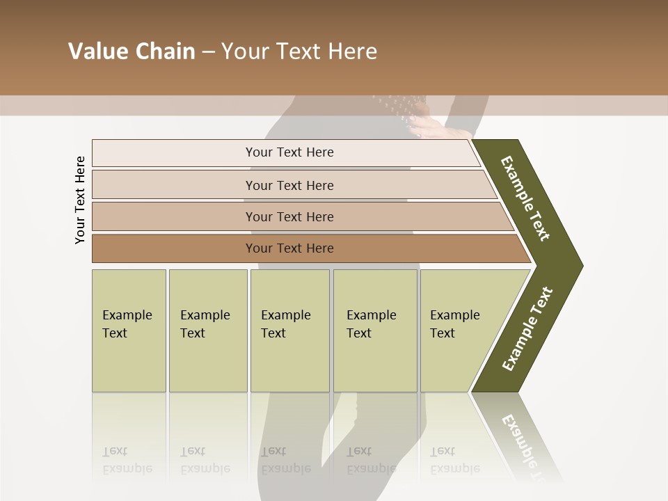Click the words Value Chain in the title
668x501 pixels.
132,51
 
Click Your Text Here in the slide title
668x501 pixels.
299,51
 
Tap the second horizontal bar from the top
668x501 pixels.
289,185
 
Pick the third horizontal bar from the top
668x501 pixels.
289,216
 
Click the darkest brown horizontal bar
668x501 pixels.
289,248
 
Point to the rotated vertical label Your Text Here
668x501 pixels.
80,200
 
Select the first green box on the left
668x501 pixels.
129,331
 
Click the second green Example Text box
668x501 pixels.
207,331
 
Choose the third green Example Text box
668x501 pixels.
289,331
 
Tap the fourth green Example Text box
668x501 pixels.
374,331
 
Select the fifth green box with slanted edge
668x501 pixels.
463,331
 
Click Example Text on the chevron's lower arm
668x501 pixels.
527,329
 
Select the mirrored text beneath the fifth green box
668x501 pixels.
454,459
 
